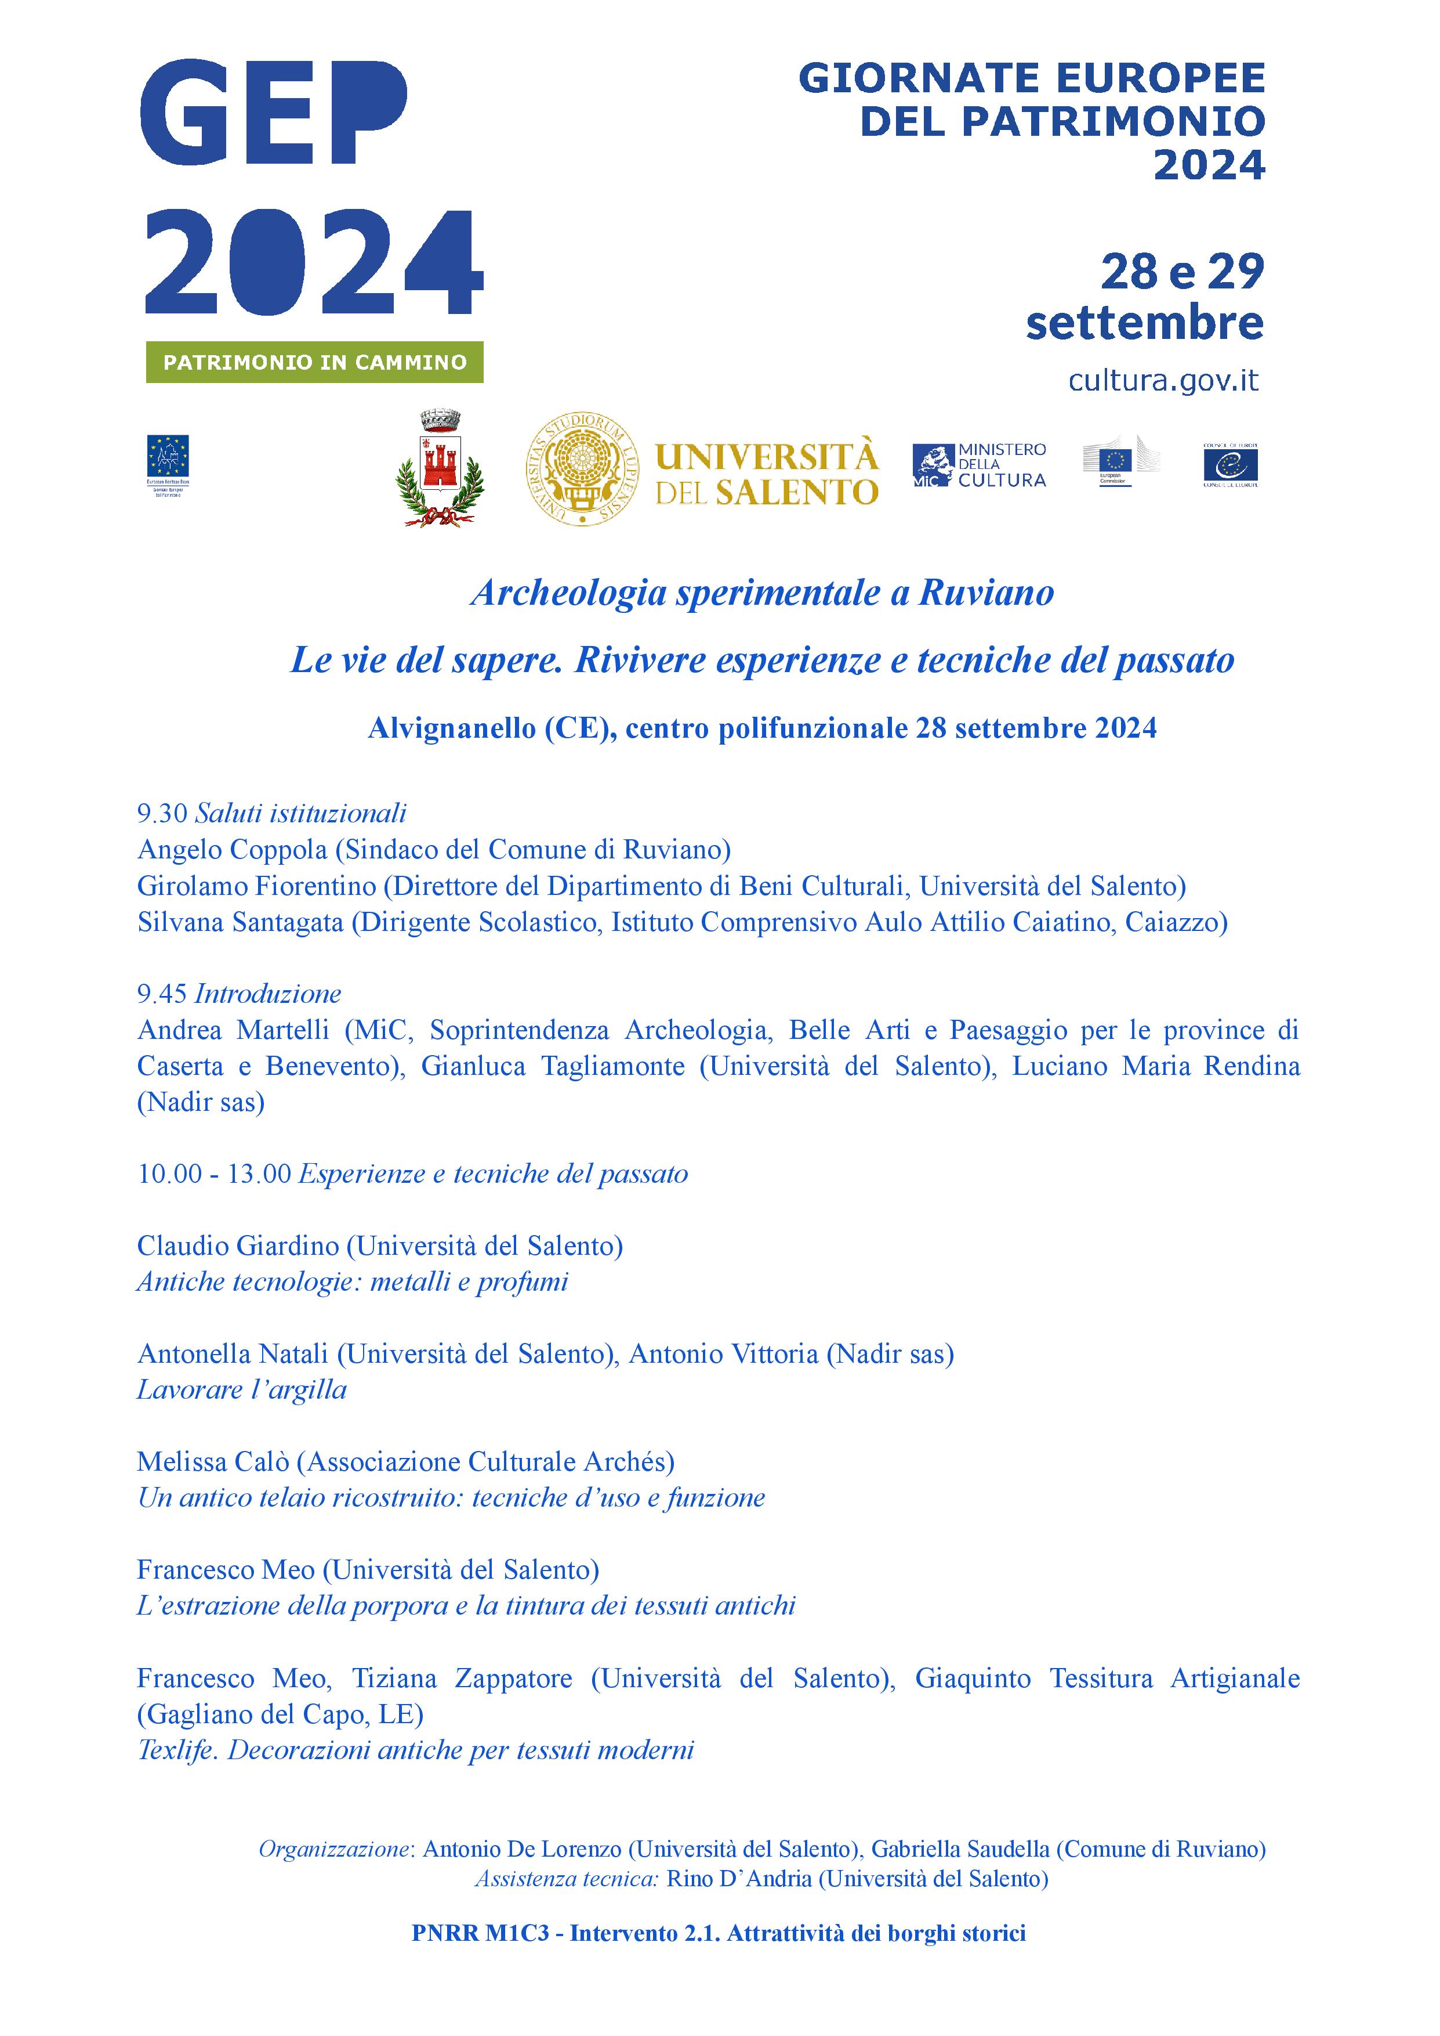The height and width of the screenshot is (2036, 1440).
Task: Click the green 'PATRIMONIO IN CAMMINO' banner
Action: (315, 362)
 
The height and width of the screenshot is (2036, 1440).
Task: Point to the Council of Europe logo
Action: (1230, 464)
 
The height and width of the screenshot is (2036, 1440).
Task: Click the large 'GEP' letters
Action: (273, 113)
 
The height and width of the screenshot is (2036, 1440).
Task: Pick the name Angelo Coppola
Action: (233, 849)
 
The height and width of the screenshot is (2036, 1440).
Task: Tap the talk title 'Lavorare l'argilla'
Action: (241, 1389)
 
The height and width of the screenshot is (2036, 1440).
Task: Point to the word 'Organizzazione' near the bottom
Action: (334, 1849)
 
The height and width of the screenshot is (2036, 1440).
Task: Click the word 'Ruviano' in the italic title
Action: (986, 593)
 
